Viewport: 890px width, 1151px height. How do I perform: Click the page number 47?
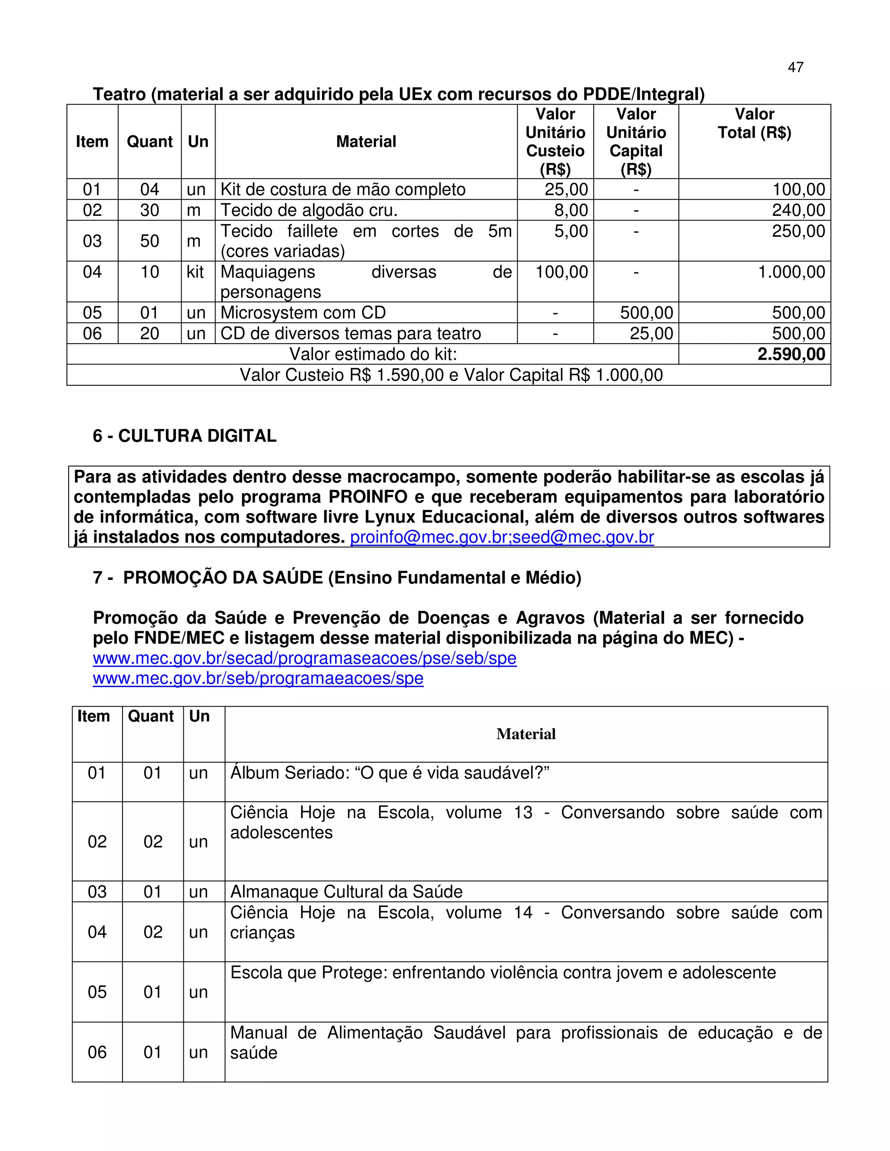(x=795, y=67)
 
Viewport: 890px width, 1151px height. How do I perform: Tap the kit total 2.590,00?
(x=791, y=354)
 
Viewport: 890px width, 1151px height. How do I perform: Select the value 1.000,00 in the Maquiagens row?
(x=791, y=272)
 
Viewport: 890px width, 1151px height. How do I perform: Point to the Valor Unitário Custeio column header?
(x=555, y=141)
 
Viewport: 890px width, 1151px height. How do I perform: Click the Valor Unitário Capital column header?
(x=636, y=141)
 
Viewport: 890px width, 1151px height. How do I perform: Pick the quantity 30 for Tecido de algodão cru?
(x=150, y=210)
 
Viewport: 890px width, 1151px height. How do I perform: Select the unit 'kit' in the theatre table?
(x=195, y=272)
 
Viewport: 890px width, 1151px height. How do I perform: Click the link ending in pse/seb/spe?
(x=305, y=658)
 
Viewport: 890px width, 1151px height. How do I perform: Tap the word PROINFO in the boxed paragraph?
(x=368, y=497)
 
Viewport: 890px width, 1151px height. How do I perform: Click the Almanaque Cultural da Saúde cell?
(x=346, y=892)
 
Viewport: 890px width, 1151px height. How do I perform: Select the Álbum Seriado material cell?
(x=390, y=773)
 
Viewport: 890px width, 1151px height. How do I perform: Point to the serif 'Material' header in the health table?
(x=526, y=734)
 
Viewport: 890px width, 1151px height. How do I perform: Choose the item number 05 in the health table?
(x=97, y=992)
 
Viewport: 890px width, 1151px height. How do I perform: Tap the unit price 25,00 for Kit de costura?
(x=566, y=190)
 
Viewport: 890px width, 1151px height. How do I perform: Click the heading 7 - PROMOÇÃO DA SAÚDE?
(x=337, y=578)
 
